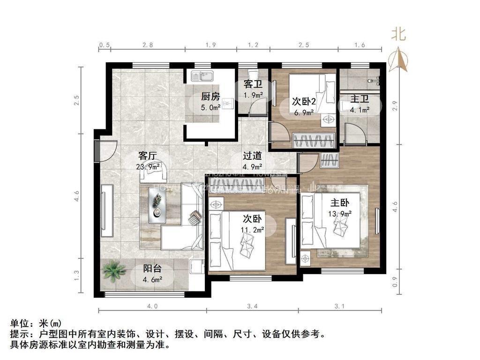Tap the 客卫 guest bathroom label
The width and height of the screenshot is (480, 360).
click(x=253, y=84)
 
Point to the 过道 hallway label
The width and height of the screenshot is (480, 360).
click(x=252, y=156)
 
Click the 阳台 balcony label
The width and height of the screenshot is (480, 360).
click(x=152, y=269)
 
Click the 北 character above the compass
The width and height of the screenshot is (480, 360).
click(x=399, y=35)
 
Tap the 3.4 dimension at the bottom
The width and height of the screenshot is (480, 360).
click(x=252, y=307)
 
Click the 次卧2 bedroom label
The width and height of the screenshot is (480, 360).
click(x=303, y=101)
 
